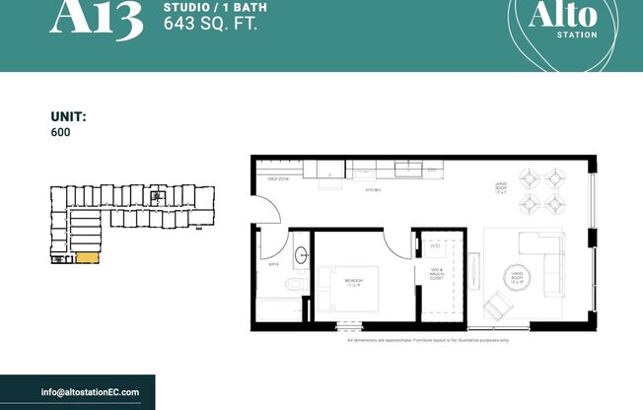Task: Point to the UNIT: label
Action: (69, 116)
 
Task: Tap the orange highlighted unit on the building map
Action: (86, 258)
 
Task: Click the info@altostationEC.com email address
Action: (90, 392)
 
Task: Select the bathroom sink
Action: (301, 253)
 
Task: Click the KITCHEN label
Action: (373, 188)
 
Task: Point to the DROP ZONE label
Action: (277, 180)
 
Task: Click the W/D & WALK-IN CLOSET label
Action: (435, 274)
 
